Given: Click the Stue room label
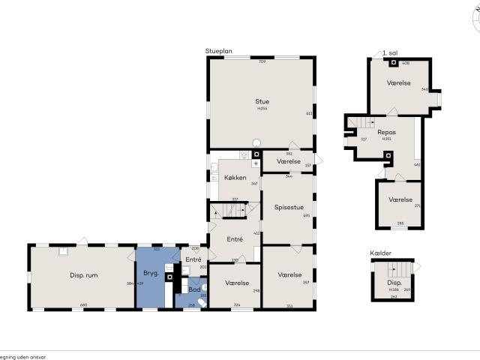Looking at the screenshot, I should [x=262, y=101].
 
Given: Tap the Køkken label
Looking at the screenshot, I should [x=235, y=178].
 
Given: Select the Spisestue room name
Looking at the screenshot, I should [x=289, y=207].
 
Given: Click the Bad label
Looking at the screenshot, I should [x=194, y=289].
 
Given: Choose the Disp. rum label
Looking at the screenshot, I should [x=82, y=275].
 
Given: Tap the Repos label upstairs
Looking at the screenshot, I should [x=386, y=132].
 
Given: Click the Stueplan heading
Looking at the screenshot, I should [x=219, y=51].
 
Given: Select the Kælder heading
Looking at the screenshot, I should [x=381, y=253].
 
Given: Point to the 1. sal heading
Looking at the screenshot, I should [x=389, y=53].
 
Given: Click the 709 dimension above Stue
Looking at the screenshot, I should [x=262, y=61].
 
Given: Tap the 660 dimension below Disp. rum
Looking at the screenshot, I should [x=83, y=304].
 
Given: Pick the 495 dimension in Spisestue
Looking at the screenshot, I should [x=306, y=216].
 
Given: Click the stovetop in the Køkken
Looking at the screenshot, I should [x=244, y=154].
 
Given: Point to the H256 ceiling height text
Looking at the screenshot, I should [x=262, y=109].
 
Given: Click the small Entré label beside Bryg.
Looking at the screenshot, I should [x=193, y=259].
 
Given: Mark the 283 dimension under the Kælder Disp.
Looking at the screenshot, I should [x=393, y=297].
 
